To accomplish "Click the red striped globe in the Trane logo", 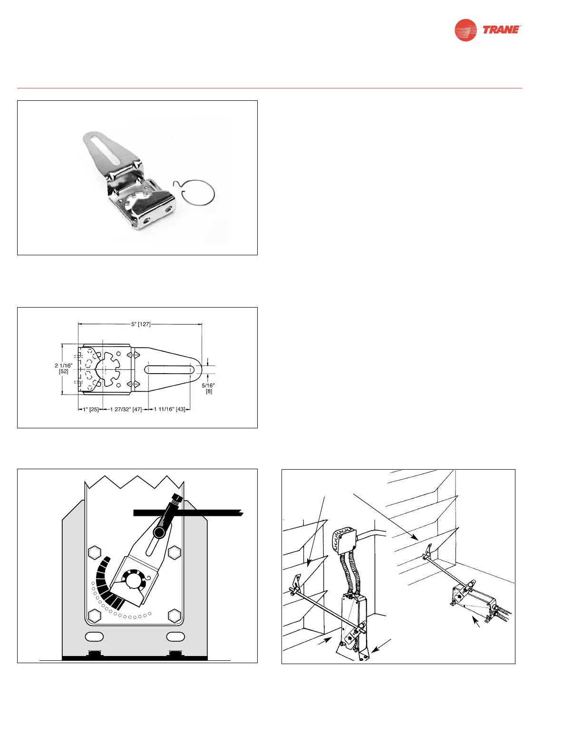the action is click(x=466, y=30).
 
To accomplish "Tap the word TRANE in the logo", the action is click(x=501, y=30).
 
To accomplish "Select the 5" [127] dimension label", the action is click(x=140, y=324).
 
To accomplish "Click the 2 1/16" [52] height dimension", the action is click(x=64, y=368).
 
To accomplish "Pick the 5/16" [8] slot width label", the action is click(x=208, y=388).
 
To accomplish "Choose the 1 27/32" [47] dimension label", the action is click(x=126, y=409).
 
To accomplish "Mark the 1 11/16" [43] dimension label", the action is click(x=169, y=409).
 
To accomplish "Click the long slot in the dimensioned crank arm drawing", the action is click(x=169, y=369).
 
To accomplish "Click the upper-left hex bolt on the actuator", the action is click(x=95, y=553).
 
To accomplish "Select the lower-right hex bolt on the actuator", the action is click(x=174, y=617).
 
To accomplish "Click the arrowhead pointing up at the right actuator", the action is click(x=473, y=618).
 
